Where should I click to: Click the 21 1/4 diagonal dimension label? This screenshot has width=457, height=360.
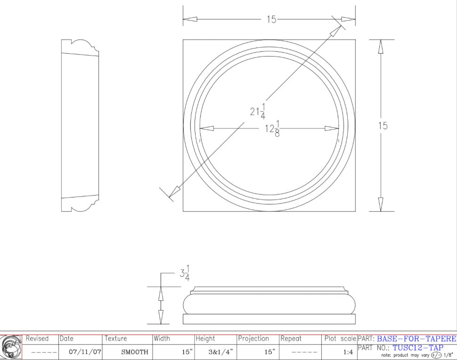[x=258, y=111]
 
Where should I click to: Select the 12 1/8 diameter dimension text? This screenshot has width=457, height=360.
[x=272, y=128]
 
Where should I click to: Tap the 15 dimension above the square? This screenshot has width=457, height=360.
[x=271, y=19]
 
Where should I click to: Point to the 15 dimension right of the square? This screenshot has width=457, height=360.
[x=383, y=126]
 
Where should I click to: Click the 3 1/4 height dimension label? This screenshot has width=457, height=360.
[x=185, y=273]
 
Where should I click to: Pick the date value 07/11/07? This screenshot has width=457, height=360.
[x=85, y=352]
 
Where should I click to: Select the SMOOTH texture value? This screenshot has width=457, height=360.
[x=135, y=352]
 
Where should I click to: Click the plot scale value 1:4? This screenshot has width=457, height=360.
[x=348, y=352]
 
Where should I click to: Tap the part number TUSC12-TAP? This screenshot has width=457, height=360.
[x=418, y=348]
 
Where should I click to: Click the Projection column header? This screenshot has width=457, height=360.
[x=253, y=339]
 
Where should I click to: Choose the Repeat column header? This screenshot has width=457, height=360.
[x=291, y=339]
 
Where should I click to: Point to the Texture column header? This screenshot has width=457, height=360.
[x=116, y=339]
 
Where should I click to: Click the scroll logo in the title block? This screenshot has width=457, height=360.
[x=11, y=347]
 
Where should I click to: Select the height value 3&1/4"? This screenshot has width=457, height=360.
[x=220, y=352]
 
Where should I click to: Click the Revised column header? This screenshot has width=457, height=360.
[x=37, y=339]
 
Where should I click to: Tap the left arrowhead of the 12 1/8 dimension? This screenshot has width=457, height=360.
[x=207, y=128]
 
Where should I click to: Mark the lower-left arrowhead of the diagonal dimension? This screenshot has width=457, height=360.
[x=174, y=192]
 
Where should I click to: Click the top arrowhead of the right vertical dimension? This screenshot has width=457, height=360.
[x=381, y=47]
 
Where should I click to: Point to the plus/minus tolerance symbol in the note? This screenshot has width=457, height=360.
[x=436, y=355]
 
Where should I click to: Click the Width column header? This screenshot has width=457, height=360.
[x=162, y=339]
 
